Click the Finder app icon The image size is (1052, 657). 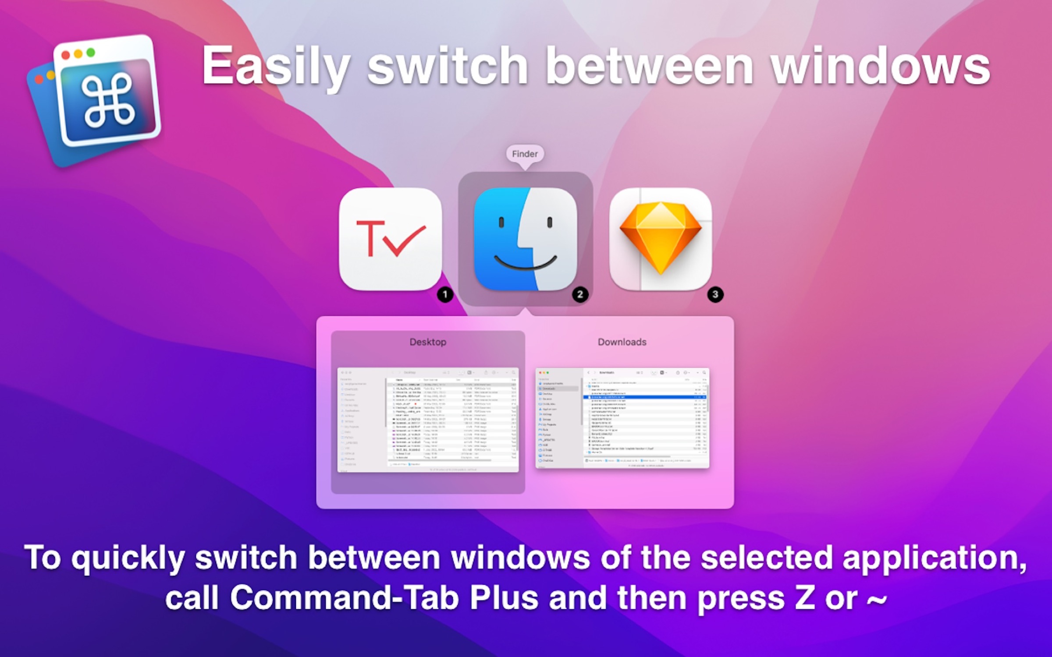pos(525,239)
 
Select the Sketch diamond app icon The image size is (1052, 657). pos(661,239)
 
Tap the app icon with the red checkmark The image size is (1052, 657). pos(390,239)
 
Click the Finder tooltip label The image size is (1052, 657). pos(525,154)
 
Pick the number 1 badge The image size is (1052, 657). pos(445,294)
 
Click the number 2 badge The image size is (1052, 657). pos(580,294)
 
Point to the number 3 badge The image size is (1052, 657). pos(715,294)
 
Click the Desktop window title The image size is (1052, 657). pos(428,342)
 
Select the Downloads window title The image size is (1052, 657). pos(622,342)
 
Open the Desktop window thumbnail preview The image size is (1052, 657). pos(428,420)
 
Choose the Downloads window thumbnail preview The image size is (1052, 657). pos(622,418)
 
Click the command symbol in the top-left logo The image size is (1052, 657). pos(108,99)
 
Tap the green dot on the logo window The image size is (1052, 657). pos(91,53)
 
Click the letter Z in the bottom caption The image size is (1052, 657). pos(805,598)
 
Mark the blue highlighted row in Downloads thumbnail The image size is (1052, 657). pos(644,397)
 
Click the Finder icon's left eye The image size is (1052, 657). pos(501,223)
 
